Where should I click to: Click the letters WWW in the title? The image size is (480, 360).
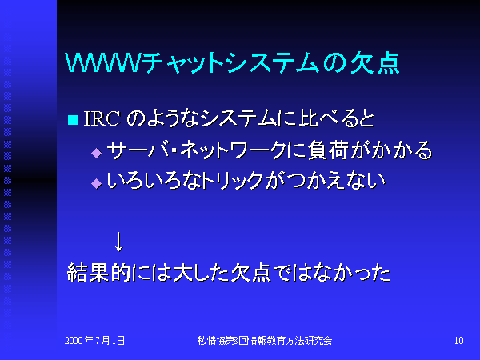coord(102,63)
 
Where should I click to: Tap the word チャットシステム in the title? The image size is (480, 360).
coord(230,63)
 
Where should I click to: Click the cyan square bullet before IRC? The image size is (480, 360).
coord(73,120)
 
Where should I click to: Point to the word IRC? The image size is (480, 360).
coord(102,118)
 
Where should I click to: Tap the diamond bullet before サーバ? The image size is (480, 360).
coord(97,153)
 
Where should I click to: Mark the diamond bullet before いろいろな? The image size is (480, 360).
coord(97,183)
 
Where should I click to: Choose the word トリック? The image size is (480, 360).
coord(234,181)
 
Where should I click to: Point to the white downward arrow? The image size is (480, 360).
coord(118,242)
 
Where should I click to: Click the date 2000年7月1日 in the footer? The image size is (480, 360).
coord(94,341)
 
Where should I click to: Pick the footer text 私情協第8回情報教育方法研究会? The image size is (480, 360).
coord(265,341)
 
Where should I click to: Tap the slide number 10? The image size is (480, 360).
coord(459,341)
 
